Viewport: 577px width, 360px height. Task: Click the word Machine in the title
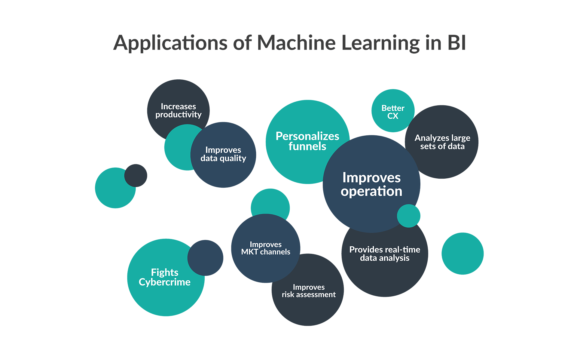click(x=296, y=43)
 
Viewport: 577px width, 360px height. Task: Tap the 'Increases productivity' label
click(x=178, y=110)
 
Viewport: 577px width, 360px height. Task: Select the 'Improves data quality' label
click(x=223, y=154)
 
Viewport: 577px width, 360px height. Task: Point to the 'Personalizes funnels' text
click(x=307, y=141)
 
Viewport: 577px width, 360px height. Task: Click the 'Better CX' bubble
click(x=393, y=112)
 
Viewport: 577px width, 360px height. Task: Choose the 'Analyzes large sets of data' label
click(x=442, y=142)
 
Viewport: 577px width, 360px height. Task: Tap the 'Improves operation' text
click(x=371, y=184)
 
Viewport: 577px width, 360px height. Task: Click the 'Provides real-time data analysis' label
click(x=385, y=254)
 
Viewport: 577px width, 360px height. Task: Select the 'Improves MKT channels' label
click(x=266, y=248)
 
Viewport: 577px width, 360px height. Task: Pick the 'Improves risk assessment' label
click(x=309, y=291)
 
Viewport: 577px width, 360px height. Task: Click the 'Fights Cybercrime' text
click(x=165, y=277)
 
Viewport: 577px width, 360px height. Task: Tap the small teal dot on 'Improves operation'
click(x=409, y=216)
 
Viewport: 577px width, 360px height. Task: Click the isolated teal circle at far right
click(x=463, y=254)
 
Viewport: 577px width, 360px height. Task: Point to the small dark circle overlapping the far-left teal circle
click(x=136, y=175)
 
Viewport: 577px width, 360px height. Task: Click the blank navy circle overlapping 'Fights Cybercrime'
click(x=206, y=258)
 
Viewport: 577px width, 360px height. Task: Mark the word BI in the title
click(x=456, y=43)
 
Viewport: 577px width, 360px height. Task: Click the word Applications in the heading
click(x=170, y=43)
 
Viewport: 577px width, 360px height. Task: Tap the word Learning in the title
click(x=380, y=43)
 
